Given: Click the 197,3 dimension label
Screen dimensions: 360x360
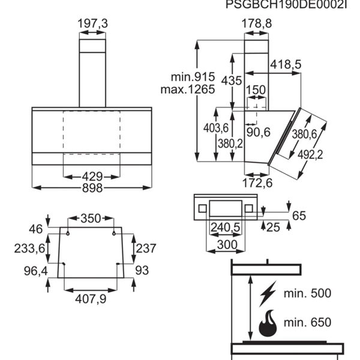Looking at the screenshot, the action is tap(92, 23).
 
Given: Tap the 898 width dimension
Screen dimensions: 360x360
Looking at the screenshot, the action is tap(92, 188).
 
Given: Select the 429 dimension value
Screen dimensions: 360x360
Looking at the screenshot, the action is tap(92, 177).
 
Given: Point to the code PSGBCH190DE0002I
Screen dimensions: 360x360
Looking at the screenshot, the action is tap(286, 4).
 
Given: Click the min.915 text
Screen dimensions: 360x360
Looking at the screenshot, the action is tap(193, 77).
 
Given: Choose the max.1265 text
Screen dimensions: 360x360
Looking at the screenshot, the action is tap(188, 89).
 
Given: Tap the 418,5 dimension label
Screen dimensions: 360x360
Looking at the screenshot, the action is tap(286, 64).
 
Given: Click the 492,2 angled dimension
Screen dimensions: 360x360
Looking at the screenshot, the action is tap(310, 155).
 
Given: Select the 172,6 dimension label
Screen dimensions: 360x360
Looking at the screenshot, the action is tap(257, 183).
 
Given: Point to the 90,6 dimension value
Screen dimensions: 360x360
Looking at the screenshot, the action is tap(259, 132).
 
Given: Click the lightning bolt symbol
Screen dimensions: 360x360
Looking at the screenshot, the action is tap(268, 293).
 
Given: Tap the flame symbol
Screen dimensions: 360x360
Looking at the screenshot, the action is tap(268, 323).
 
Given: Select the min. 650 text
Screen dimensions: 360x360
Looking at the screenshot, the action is tap(307, 322).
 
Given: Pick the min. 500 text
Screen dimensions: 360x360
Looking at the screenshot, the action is tap(307, 293).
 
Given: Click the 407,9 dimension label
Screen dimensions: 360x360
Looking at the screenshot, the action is tap(91, 299).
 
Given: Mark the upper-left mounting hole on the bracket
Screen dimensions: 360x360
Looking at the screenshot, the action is tap(68, 234).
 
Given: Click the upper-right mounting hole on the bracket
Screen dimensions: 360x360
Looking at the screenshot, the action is tap(114, 234).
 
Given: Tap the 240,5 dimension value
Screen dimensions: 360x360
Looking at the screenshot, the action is tap(225, 227).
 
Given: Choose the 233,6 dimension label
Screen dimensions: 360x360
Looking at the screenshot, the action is tap(29, 248).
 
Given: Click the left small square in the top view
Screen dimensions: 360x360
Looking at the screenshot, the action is tap(202, 209).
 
